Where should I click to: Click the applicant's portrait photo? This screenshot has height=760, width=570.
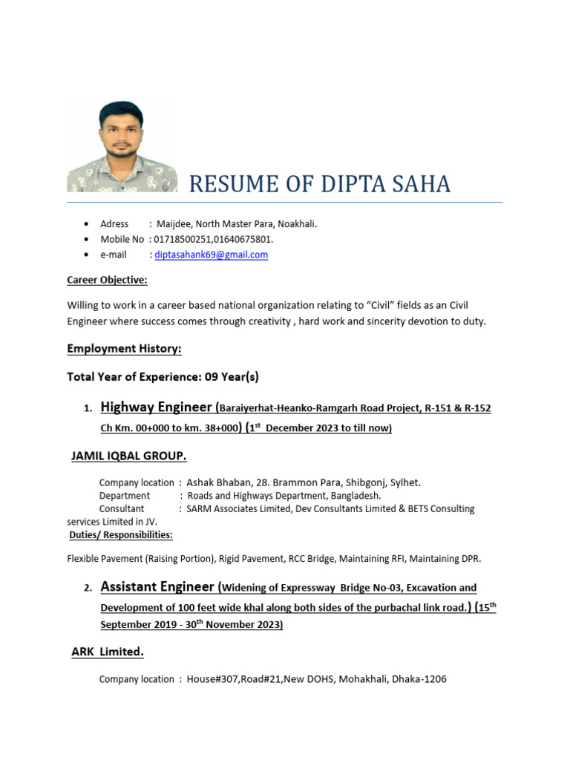point(122,146)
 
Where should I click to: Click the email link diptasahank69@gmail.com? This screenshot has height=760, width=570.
point(211,255)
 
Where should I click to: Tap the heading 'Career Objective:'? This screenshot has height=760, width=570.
point(107,280)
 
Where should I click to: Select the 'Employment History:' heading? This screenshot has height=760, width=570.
point(124,348)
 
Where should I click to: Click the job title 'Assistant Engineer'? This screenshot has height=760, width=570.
point(157,587)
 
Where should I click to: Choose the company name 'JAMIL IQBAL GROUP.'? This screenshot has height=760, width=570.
point(128,455)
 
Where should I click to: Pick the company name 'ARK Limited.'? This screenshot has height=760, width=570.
point(107,651)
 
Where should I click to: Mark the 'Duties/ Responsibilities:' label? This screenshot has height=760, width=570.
point(121,534)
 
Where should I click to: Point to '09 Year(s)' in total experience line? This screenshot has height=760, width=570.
point(231,376)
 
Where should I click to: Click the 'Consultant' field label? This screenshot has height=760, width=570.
point(122,508)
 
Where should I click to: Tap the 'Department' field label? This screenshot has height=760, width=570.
point(125,495)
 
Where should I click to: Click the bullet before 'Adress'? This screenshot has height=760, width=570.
point(87,223)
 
